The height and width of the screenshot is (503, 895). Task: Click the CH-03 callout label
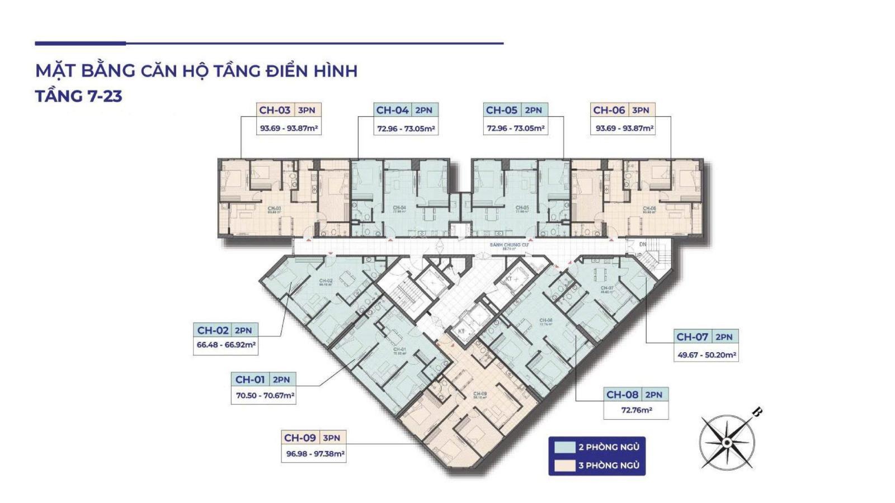coord(275,110)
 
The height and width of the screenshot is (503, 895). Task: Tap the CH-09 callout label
coord(300,438)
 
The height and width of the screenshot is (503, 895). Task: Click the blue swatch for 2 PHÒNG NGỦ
coord(564,447)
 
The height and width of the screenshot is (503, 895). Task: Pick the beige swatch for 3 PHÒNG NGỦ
coord(564,465)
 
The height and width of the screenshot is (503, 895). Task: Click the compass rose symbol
coord(726,442)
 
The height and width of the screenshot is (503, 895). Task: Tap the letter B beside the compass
coord(756,413)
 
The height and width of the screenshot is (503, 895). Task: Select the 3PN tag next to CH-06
coord(640,110)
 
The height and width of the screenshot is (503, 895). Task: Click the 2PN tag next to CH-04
coord(423,110)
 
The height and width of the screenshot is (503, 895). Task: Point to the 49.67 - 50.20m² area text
coord(706,355)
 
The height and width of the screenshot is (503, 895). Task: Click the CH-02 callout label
coord(213,330)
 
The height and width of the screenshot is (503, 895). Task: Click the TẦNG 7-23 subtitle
coord(79,96)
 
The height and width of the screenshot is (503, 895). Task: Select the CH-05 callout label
coord(502,110)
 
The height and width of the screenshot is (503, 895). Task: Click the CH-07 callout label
coord(693,336)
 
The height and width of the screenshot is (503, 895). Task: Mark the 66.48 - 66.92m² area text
coord(226,345)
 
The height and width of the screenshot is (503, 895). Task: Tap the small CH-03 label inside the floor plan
coord(274,209)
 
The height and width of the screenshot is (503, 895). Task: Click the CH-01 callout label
coord(250,379)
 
